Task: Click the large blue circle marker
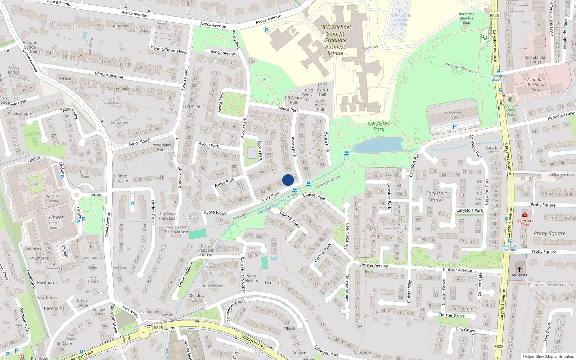pos(288,180)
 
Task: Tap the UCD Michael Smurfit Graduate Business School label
pos(335,40)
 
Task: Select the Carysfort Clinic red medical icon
pos(525,215)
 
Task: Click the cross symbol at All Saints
pos(519,269)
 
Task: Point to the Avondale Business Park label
pos(536,85)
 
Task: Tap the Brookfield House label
pos(535,60)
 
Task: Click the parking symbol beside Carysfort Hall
pos(454,127)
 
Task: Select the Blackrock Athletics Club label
pos(467,18)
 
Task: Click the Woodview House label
pos(163,147)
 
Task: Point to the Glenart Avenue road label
pos(109,75)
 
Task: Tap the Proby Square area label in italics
pos(549,233)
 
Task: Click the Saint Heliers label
pos(252,278)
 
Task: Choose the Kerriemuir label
pos(213,286)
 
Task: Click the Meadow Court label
pos(197,298)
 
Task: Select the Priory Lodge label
pos(14,70)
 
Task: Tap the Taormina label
pos(191,106)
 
